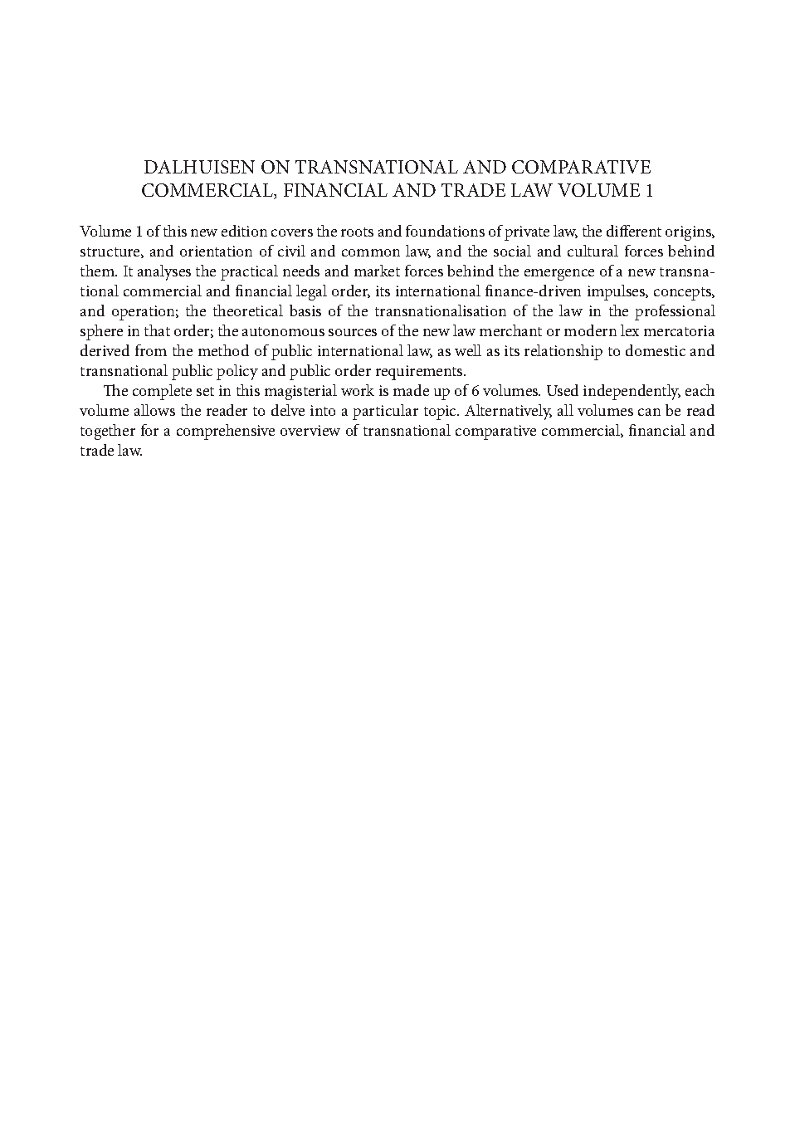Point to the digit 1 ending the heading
(648, 191)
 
